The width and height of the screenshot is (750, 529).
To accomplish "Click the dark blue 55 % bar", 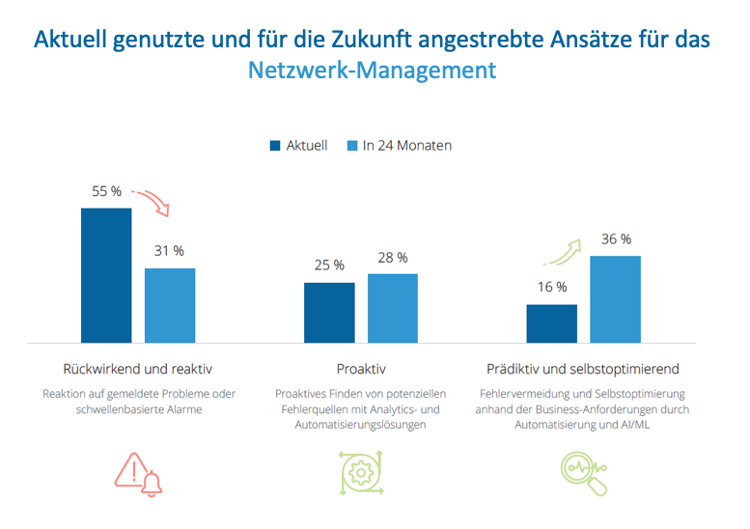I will (106, 275).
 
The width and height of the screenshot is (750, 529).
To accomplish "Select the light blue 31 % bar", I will (170, 305).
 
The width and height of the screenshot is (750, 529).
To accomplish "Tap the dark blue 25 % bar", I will (329, 313).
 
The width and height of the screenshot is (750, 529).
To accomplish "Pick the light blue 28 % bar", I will (393, 308).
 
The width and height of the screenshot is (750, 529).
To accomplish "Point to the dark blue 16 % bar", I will (552, 323).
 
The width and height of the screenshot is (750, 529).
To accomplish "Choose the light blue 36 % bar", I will (616, 299).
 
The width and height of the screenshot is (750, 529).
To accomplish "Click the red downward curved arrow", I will (152, 200).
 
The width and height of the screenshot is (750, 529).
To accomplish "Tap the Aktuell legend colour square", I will (275, 146).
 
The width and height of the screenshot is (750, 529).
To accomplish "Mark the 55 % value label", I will (106, 191).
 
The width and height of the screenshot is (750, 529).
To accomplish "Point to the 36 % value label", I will (616, 238).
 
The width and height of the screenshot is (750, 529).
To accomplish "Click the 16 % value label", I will (552, 287).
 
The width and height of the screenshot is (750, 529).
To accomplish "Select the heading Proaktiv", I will (361, 369).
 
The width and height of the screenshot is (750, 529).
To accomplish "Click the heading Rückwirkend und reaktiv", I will (137, 369).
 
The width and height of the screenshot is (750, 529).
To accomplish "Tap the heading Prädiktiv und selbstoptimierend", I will (583, 369).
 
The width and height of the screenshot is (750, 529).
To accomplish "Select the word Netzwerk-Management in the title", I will (373, 70).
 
